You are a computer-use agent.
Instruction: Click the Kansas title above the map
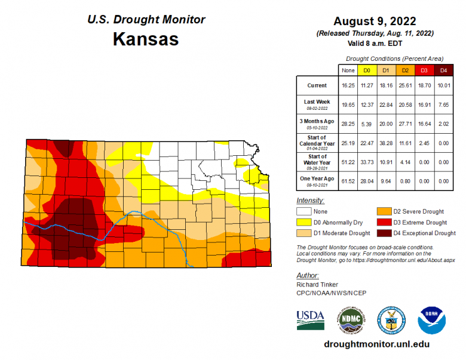point(146,39)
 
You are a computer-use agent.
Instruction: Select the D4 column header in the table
point(443,70)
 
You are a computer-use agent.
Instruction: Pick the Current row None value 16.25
point(347,85)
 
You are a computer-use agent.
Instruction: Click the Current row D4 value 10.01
point(443,85)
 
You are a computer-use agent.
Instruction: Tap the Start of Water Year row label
point(317,160)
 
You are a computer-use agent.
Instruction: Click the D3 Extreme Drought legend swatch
point(384,222)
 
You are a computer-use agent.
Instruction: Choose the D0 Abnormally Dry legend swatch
point(305,222)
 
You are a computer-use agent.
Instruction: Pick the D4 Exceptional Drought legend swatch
point(384,233)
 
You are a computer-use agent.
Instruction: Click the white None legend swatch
point(305,211)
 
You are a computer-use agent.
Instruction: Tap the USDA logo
point(310,319)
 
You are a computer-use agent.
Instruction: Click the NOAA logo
point(431,320)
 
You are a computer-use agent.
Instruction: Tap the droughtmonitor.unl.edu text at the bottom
point(376,344)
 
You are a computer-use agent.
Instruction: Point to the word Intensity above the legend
point(310,200)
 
